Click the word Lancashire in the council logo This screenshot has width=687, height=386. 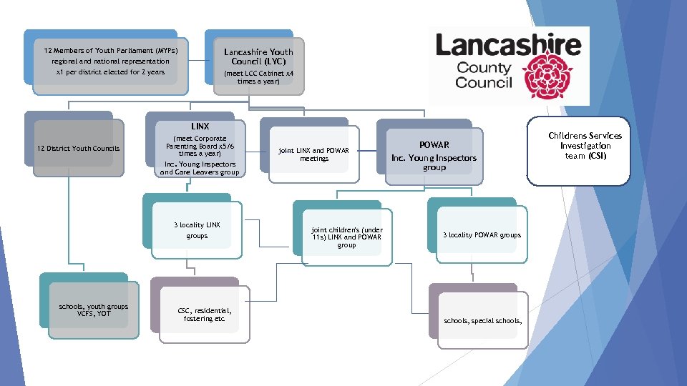[508, 45]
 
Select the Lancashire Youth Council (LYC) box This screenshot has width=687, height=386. [258, 64]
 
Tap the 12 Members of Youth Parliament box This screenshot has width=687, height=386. [110, 61]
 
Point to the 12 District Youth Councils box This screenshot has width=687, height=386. [78, 149]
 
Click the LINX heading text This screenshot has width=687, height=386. [200, 127]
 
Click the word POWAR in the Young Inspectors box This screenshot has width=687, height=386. [434, 144]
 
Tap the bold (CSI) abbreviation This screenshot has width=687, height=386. [597, 156]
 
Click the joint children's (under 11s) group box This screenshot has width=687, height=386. [346, 237]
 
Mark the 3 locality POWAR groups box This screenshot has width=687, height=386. [482, 235]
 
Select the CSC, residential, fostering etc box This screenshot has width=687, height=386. [203, 315]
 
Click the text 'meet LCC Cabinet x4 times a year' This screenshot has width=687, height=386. [258, 77]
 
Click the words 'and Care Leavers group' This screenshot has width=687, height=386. [200, 172]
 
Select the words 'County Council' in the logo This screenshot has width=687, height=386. [484, 75]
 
